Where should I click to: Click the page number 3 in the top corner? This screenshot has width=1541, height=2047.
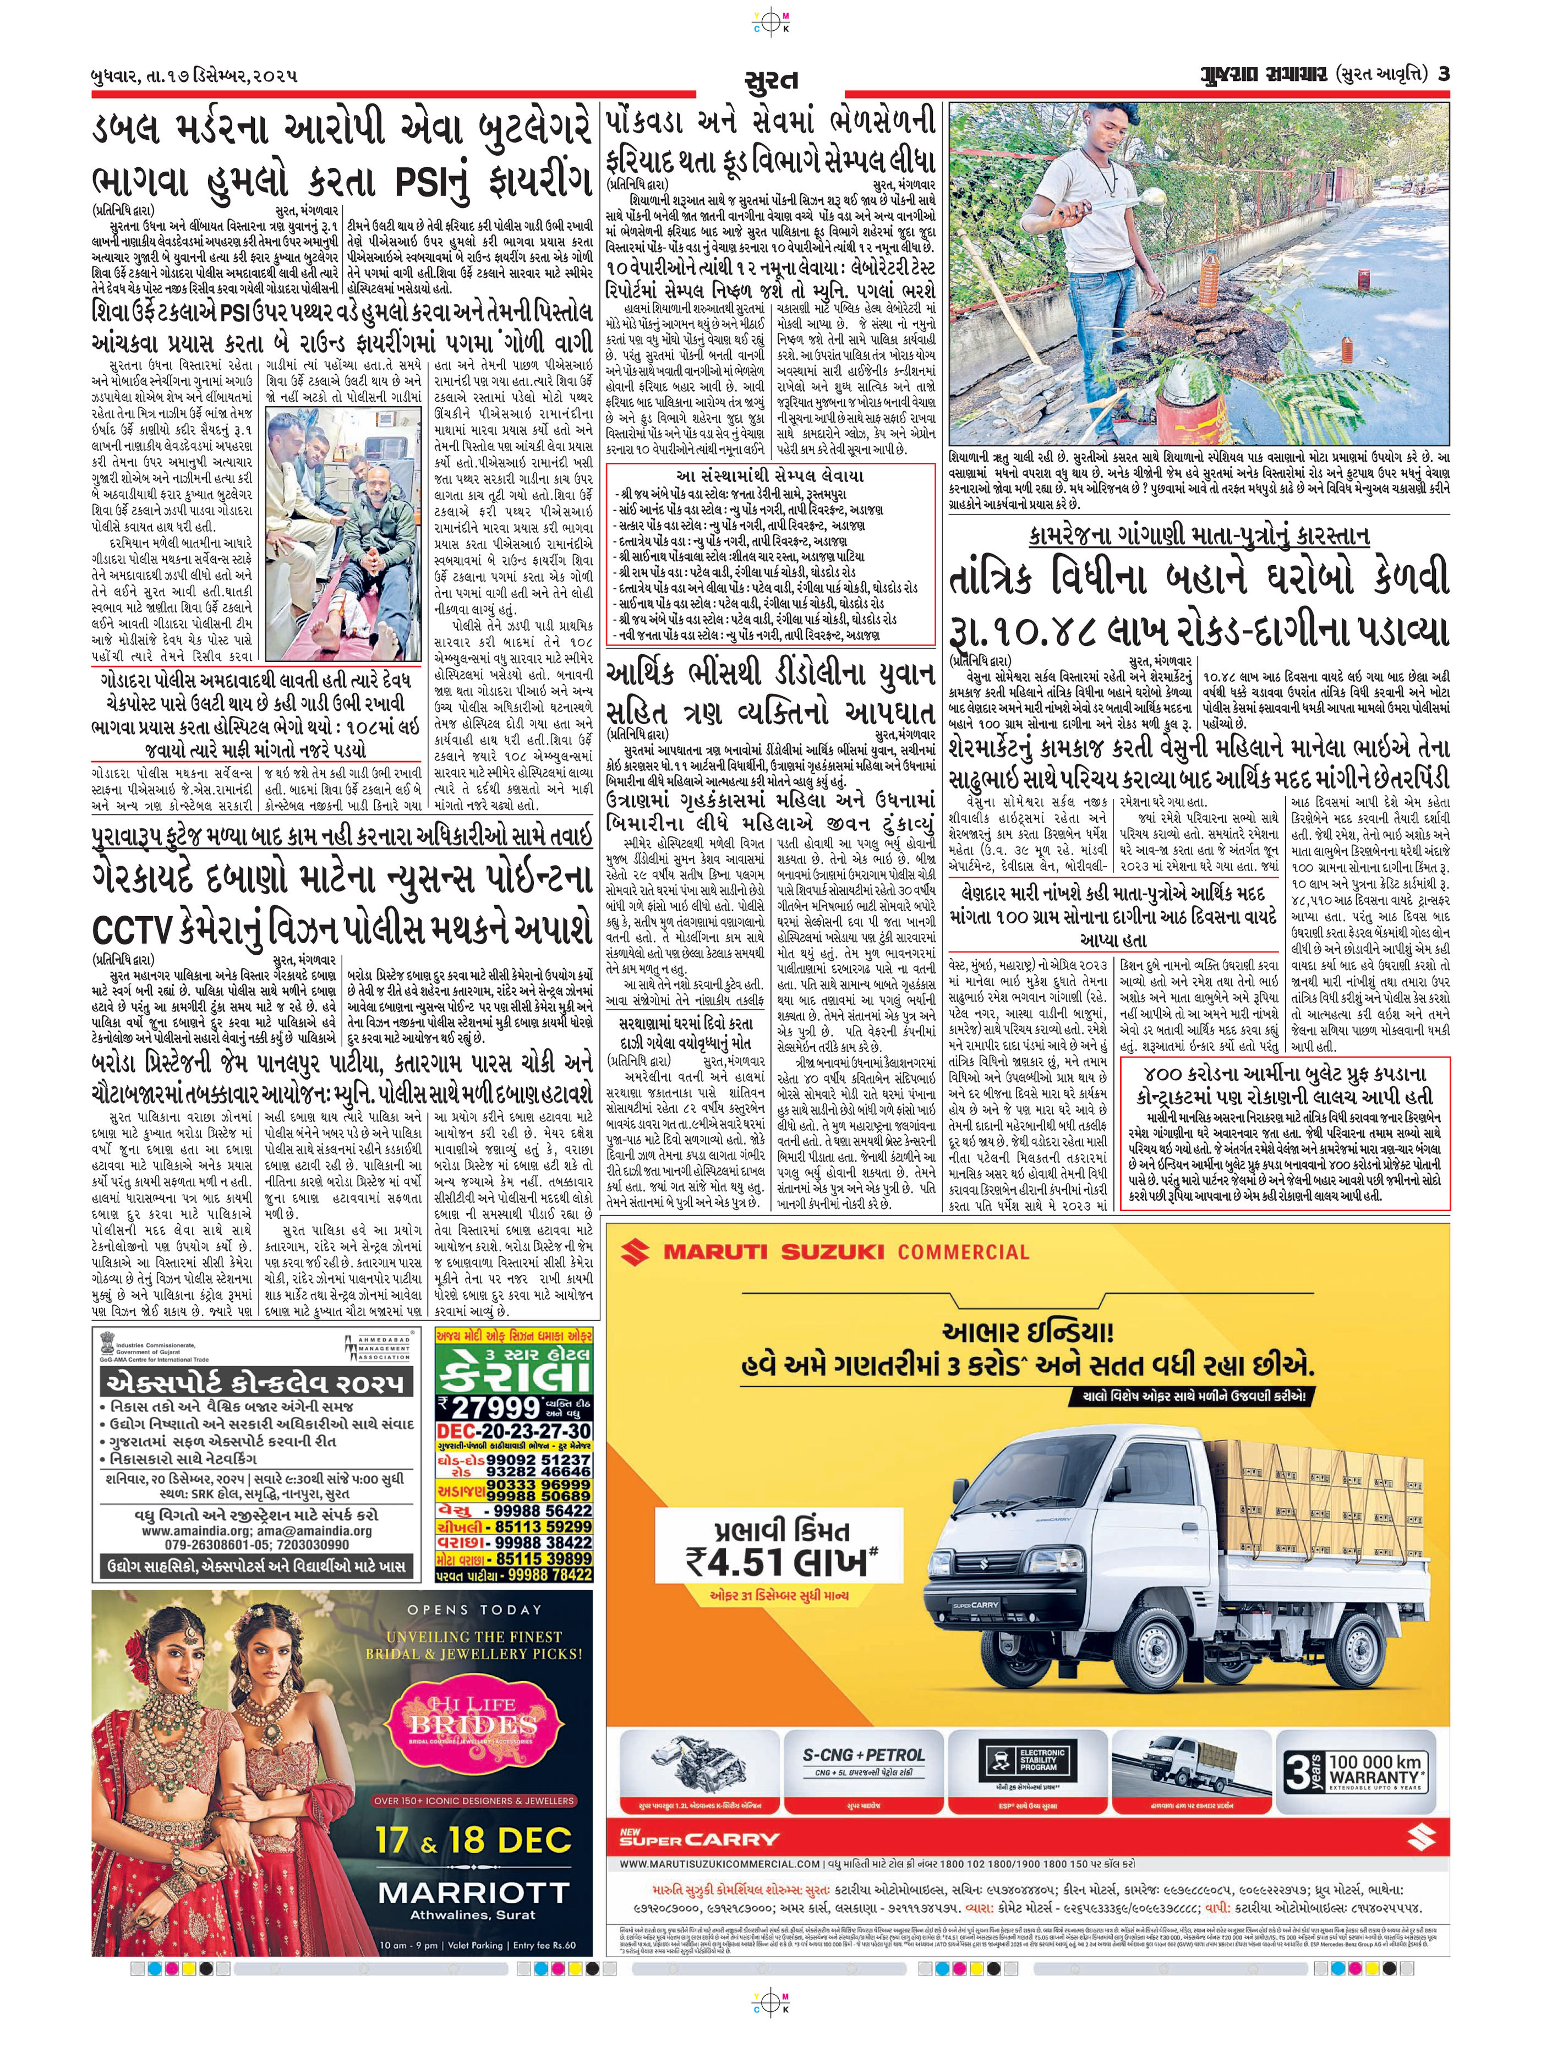[1442, 75]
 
